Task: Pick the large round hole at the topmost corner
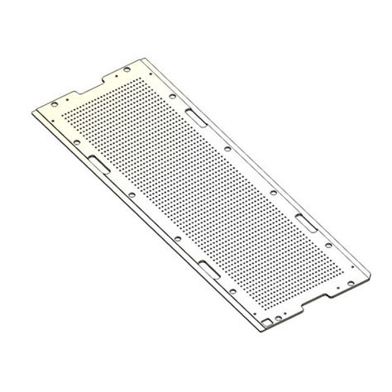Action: (149, 64)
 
